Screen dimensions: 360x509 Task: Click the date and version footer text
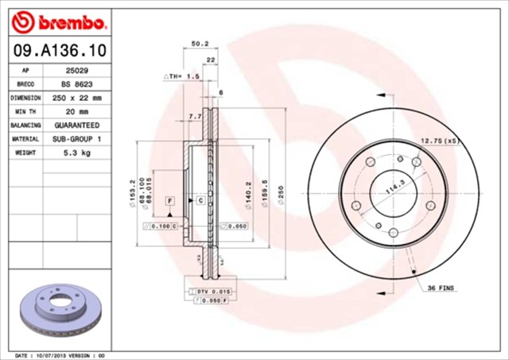pyautogui.click(x=60, y=354)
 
